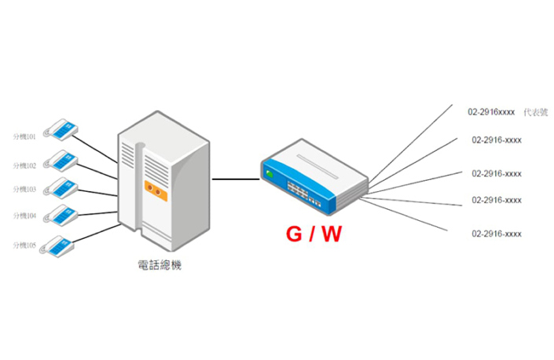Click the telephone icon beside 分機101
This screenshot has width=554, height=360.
61,129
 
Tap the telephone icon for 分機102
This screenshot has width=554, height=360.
61,159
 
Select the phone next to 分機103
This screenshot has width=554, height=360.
61,188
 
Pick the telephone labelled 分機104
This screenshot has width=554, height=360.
61,215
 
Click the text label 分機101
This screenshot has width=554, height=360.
25,136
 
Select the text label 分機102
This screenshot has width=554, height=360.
25,166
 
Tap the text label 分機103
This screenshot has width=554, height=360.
25,189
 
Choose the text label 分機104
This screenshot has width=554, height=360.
25,215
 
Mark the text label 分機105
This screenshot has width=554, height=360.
25,246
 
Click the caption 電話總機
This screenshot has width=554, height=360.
160,266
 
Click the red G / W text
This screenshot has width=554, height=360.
313,233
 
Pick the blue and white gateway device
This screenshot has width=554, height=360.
314,177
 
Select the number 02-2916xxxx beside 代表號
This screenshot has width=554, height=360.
491,112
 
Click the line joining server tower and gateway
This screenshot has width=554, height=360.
236,179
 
